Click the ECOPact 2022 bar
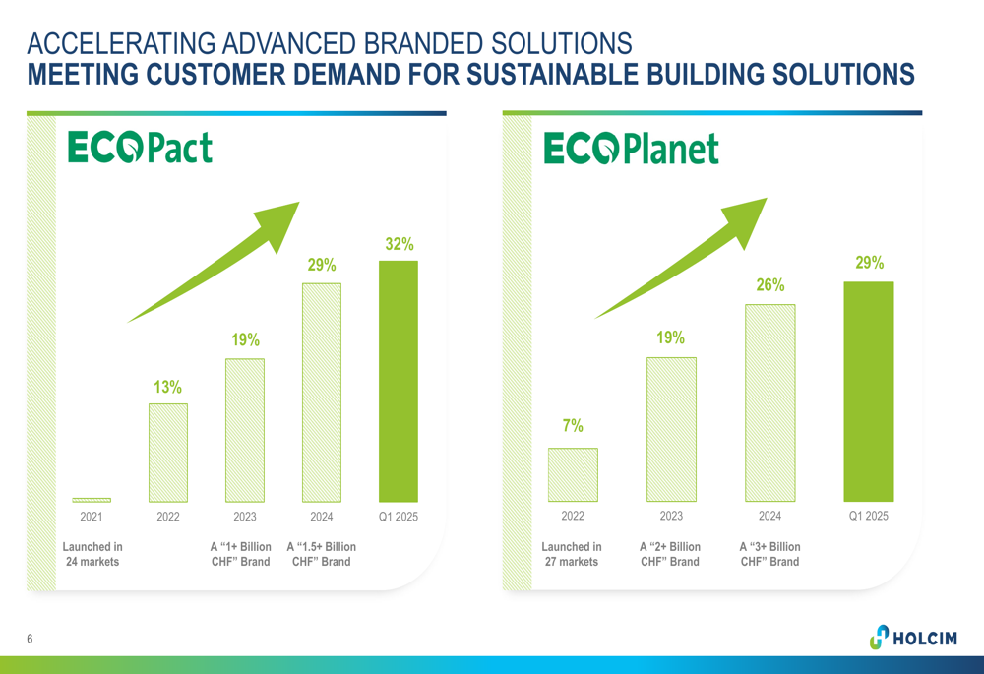point(168,453)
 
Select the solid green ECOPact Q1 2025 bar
point(399,381)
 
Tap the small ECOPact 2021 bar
point(92,500)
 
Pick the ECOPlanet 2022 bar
point(573,474)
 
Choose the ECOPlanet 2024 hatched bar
point(770,402)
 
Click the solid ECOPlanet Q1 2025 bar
point(869,392)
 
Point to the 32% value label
point(400,244)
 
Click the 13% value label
point(167,387)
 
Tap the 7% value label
point(573,425)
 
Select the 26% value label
point(770,285)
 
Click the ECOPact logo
point(140,148)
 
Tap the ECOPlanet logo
point(632,149)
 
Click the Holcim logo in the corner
point(914,637)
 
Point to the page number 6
point(30,639)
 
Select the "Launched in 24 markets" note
point(92,554)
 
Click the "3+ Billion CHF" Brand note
point(770,554)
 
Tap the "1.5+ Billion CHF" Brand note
point(322,554)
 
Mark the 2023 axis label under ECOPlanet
point(671,516)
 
